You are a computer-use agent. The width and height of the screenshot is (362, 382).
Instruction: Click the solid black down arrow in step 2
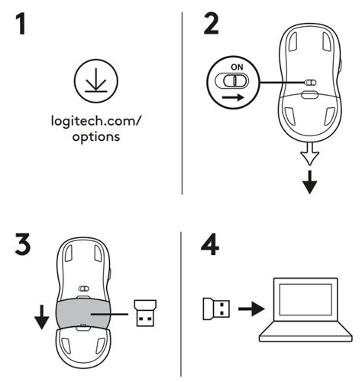[x=309, y=184]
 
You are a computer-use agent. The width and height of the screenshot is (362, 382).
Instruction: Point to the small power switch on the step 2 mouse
[x=309, y=83]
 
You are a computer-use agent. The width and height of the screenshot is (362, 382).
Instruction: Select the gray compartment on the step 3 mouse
[x=84, y=314]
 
